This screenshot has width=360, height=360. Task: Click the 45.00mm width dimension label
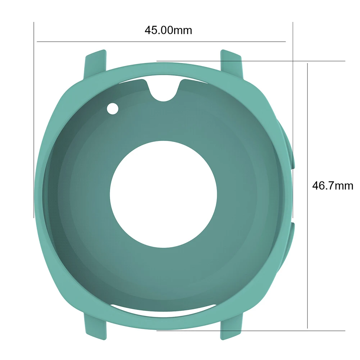pos(168,30)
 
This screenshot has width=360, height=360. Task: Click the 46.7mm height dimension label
pos(332,186)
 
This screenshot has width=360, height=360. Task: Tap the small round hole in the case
pos(113,109)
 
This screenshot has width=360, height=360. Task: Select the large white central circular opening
pos(163,194)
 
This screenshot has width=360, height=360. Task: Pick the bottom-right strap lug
pos(231,326)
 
